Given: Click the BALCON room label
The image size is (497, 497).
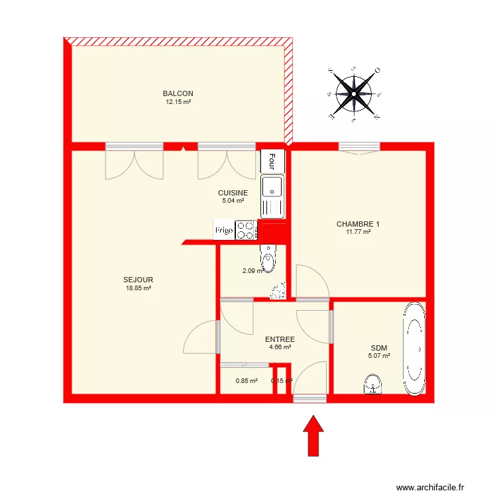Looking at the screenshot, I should pyautogui.click(x=178, y=93).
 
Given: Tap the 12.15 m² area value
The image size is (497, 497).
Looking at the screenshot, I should pyautogui.click(x=178, y=102).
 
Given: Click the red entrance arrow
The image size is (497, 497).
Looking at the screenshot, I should pyautogui.click(x=315, y=435).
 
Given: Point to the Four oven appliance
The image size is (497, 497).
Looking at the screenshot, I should pyautogui.click(x=272, y=160).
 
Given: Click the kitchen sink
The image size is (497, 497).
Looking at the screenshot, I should pyautogui.click(x=272, y=188).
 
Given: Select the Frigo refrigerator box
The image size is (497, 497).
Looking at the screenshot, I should pyautogui.click(x=223, y=230).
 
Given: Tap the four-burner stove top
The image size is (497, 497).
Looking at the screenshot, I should pyautogui.click(x=247, y=230).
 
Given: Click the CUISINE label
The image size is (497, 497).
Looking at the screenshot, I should pyautogui.click(x=233, y=193).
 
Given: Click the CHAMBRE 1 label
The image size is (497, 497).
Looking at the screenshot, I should pyautogui.click(x=358, y=224).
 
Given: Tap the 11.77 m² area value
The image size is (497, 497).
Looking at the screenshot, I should pyautogui.click(x=358, y=232).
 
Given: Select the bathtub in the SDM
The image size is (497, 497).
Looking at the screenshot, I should pyautogui.click(x=415, y=349).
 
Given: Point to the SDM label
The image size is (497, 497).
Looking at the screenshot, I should pyautogui.click(x=379, y=348).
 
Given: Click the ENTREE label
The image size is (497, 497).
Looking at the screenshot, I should pyautogui.click(x=280, y=339).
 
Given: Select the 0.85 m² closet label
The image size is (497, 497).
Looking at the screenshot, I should pyautogui.click(x=247, y=380).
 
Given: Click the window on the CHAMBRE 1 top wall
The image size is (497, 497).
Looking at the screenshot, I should pyautogui.click(x=359, y=146).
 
